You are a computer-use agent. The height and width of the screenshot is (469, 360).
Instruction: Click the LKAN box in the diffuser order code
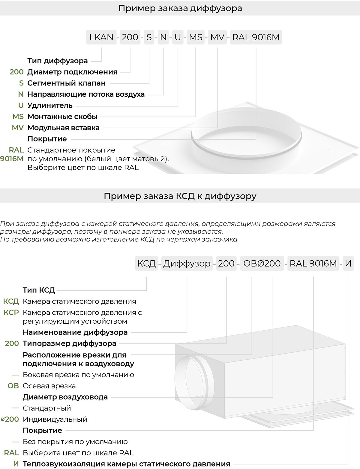(101, 37)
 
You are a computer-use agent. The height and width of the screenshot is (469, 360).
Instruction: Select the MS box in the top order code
(196, 37)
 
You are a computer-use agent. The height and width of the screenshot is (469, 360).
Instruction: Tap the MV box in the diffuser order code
(217, 37)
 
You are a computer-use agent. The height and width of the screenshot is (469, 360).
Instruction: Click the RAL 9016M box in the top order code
(256, 37)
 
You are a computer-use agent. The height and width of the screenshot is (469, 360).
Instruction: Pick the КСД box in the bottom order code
(146, 264)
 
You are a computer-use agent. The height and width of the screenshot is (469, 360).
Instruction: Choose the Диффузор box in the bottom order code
(187, 264)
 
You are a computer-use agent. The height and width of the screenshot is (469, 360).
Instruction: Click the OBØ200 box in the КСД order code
(262, 264)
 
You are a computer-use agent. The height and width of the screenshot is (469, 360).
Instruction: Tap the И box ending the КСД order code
(348, 264)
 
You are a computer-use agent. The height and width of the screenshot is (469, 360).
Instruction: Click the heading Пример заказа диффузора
(180, 8)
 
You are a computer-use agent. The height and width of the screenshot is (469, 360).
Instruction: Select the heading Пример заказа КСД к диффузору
(180, 196)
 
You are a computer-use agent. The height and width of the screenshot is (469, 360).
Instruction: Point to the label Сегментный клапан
(66, 83)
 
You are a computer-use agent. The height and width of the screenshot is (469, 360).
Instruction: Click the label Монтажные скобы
(62, 116)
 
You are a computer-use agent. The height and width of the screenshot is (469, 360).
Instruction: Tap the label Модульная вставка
(63, 128)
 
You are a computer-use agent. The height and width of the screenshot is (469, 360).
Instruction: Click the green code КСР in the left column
(11, 313)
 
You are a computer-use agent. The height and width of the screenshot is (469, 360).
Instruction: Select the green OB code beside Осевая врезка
(13, 386)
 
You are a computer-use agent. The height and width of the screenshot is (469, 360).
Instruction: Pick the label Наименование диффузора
(75, 332)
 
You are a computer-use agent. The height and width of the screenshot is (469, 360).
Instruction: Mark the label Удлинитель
(50, 105)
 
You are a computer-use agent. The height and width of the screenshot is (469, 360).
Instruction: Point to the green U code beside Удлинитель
(21, 105)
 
